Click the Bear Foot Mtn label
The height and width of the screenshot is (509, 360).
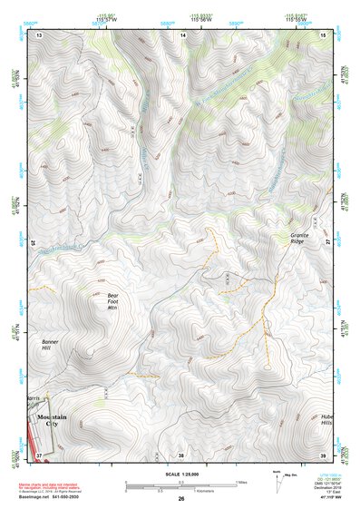tap(112, 301)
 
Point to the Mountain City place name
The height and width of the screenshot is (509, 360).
tap(54, 416)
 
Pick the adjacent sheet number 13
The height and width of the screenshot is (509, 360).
tap(39, 34)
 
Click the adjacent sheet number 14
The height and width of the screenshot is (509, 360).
tap(182, 34)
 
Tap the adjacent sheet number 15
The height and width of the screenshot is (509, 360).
tap(324, 34)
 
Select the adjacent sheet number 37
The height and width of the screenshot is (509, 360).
tap(39, 454)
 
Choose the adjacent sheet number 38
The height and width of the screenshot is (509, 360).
tap(181, 454)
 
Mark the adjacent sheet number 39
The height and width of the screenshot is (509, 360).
tap(324, 454)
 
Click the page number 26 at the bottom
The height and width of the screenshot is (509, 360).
tap(181, 499)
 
